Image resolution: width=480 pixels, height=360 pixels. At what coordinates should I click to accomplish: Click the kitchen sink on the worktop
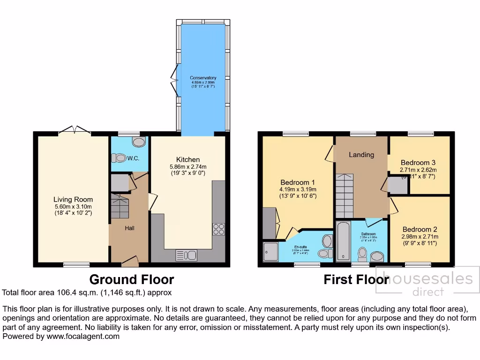[187, 255]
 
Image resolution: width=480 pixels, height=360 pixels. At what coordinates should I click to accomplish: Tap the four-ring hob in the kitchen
[218, 229]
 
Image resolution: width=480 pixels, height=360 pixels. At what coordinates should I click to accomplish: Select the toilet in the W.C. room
[118, 158]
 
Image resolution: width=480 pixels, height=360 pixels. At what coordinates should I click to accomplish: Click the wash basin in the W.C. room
[139, 142]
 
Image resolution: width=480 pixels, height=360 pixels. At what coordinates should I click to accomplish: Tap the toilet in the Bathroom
[362, 254]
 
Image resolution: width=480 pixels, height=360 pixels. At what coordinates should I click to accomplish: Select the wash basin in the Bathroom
[377, 256]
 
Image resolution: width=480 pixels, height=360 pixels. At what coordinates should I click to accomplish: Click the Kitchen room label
[187, 159]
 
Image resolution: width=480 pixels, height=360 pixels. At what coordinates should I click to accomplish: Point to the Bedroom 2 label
[420, 229]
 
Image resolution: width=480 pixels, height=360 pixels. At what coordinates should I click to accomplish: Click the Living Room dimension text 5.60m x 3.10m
[73, 207]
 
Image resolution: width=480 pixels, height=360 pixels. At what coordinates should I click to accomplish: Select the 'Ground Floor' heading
[131, 280]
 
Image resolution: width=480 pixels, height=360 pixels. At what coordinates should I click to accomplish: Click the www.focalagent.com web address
[82, 336]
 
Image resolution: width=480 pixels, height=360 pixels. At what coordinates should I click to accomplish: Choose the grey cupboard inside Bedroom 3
[398, 185]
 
